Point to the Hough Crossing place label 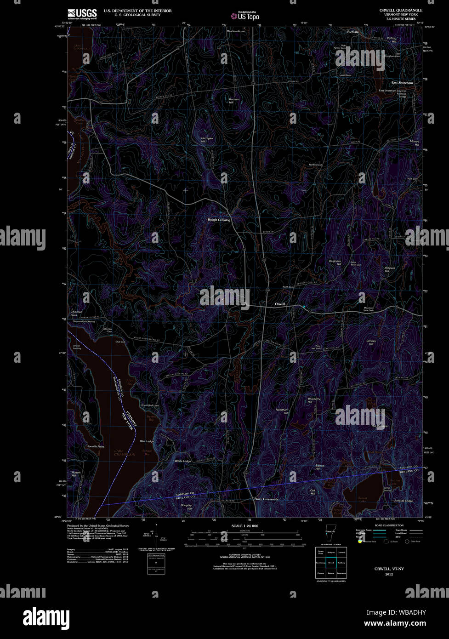219,220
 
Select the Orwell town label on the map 280,304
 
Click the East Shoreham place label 402,83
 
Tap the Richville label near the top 353,32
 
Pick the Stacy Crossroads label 266,499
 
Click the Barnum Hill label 234,100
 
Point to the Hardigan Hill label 207,140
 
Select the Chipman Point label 76,313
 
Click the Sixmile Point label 96,447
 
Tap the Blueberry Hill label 314,400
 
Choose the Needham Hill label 282,411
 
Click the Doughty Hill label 186,507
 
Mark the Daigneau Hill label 335,262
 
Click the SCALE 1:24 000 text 245,526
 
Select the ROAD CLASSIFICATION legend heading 389,525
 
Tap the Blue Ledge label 147,441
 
